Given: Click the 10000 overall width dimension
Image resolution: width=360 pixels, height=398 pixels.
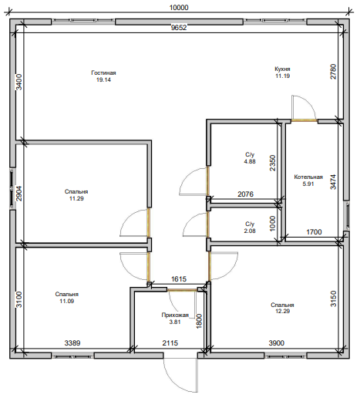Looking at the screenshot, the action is click(179, 8).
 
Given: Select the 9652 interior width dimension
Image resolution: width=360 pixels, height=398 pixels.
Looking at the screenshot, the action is click(179, 28).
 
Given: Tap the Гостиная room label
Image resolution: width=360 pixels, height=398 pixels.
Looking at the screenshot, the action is click(103, 73).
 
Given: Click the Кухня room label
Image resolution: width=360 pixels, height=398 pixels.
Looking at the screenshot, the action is click(282, 69).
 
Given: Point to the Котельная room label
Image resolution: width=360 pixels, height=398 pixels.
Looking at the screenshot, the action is click(308, 177).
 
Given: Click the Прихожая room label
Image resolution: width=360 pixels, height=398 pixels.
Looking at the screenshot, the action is click(175, 315).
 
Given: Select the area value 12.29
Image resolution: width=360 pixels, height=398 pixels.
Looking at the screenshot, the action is click(282, 311).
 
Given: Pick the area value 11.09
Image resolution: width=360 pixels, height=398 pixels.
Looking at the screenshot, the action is click(67, 301).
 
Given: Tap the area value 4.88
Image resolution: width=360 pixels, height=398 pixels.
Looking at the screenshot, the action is click(250, 161).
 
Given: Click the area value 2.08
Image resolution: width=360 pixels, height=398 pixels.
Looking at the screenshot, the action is click(250, 231).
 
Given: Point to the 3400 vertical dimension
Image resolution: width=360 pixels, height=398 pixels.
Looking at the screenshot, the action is click(19, 82).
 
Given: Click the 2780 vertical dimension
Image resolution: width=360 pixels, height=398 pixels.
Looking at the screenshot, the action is click(333, 72).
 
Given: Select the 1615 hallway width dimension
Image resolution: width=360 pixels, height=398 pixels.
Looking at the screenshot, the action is click(179, 279).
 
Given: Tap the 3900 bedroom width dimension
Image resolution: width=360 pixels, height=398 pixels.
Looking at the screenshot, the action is click(277, 343).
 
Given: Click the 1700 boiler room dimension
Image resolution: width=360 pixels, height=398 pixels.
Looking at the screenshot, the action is click(314, 232).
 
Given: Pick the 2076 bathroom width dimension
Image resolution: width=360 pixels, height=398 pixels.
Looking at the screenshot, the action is click(246, 194).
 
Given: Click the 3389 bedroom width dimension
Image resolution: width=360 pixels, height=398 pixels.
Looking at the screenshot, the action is click(72, 343).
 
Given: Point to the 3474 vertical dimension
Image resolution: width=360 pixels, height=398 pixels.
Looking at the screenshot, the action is click(333, 182).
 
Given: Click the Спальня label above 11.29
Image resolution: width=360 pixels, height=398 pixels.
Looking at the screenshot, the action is click(76, 191).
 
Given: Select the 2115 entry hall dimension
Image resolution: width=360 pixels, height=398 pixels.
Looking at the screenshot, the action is click(170, 343).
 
